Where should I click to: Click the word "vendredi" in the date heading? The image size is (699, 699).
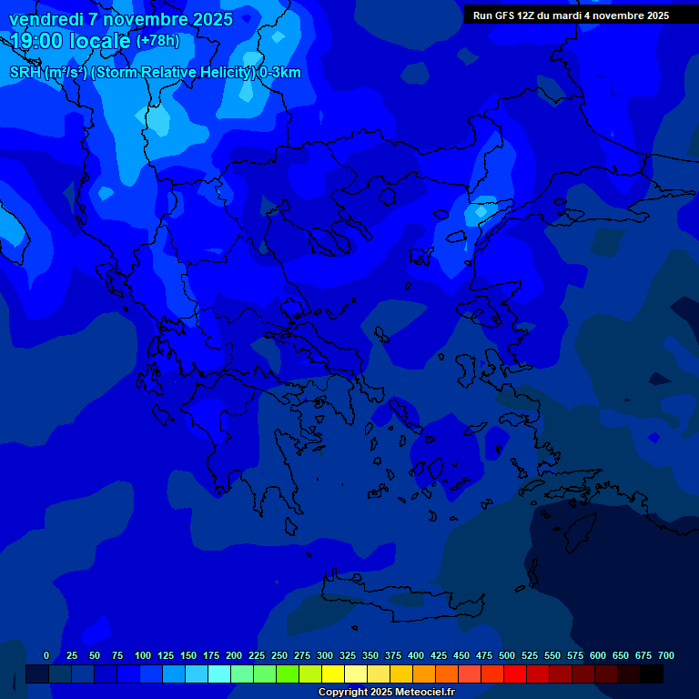point(43,19)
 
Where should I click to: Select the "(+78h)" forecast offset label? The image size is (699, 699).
point(157,41)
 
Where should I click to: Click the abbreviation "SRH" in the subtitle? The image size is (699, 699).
point(25,73)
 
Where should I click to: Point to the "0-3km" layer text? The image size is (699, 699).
point(280,73)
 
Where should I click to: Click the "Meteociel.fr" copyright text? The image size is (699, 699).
point(420,693)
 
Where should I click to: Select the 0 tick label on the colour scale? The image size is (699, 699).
point(46,655)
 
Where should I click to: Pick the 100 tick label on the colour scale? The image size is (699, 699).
point(143,655)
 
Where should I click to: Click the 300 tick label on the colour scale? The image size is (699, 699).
point(325,655)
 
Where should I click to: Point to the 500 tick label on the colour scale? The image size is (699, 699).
point(507,655)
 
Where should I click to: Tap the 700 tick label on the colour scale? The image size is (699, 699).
point(666,655)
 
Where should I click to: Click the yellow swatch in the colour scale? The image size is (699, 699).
point(333,674)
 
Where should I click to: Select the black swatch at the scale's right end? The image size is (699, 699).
point(652,674)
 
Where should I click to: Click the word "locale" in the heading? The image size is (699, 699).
point(100,41)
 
